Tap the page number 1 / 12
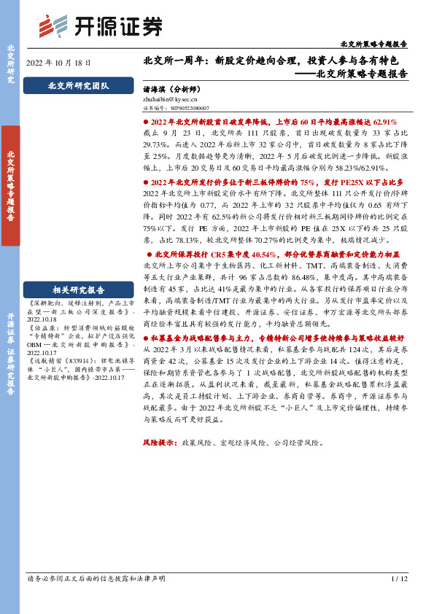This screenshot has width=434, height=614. pos(398,599)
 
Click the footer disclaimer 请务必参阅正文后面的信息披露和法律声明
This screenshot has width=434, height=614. pos(96,599)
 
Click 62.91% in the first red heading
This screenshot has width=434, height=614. pos(381,123)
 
